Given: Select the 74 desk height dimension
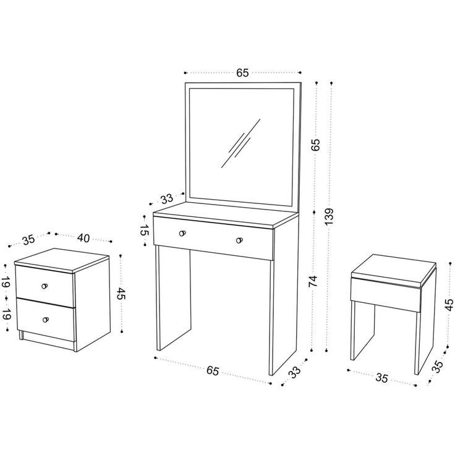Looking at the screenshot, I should click(x=313, y=281).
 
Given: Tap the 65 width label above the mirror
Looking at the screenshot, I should click(x=242, y=73).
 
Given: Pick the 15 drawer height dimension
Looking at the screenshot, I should click(x=143, y=231).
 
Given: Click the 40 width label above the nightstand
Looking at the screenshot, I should click(x=83, y=238).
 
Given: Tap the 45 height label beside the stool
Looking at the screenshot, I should click(x=449, y=305).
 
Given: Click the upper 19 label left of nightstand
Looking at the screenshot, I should click(x=6, y=283).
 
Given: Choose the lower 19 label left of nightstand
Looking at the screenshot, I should click(x=6, y=313).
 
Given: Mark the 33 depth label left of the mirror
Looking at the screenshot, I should click(x=166, y=198).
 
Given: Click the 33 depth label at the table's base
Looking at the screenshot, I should click(x=294, y=372).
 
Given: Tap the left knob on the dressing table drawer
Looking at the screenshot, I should click(x=182, y=233).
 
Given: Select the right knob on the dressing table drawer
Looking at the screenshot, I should click(x=239, y=240).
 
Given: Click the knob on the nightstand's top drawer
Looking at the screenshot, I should click(x=45, y=285).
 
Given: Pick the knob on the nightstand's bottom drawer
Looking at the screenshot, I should click(x=46, y=319).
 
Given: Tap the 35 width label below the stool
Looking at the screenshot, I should click(x=381, y=378).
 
